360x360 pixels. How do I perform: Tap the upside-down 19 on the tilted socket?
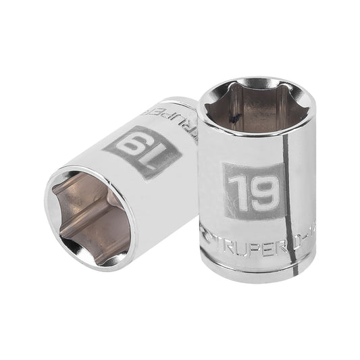tap(143, 150)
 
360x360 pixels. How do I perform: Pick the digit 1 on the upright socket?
tap(236, 192)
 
